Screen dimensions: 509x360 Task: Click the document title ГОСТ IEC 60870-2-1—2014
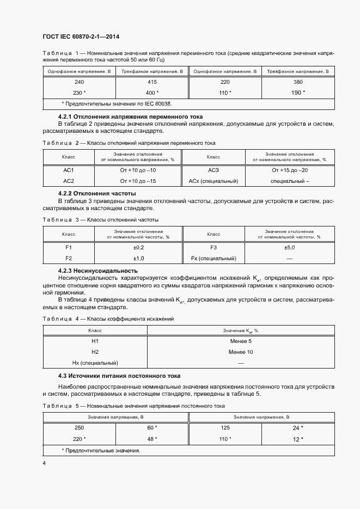81,37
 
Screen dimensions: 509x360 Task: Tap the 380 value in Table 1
298,82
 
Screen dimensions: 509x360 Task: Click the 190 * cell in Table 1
297,92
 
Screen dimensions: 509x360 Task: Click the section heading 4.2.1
130,116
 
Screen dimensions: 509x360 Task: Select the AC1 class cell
69,170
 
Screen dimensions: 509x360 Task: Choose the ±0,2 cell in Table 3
139,247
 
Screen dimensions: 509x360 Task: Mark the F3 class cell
213,247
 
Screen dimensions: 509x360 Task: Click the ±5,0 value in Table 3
290,247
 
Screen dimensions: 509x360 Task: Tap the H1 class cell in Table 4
95,341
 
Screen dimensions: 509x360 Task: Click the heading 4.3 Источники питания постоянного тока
119,376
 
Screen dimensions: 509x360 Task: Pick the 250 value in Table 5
79,428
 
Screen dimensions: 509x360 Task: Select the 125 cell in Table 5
225,428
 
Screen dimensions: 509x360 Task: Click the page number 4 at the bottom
44,463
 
